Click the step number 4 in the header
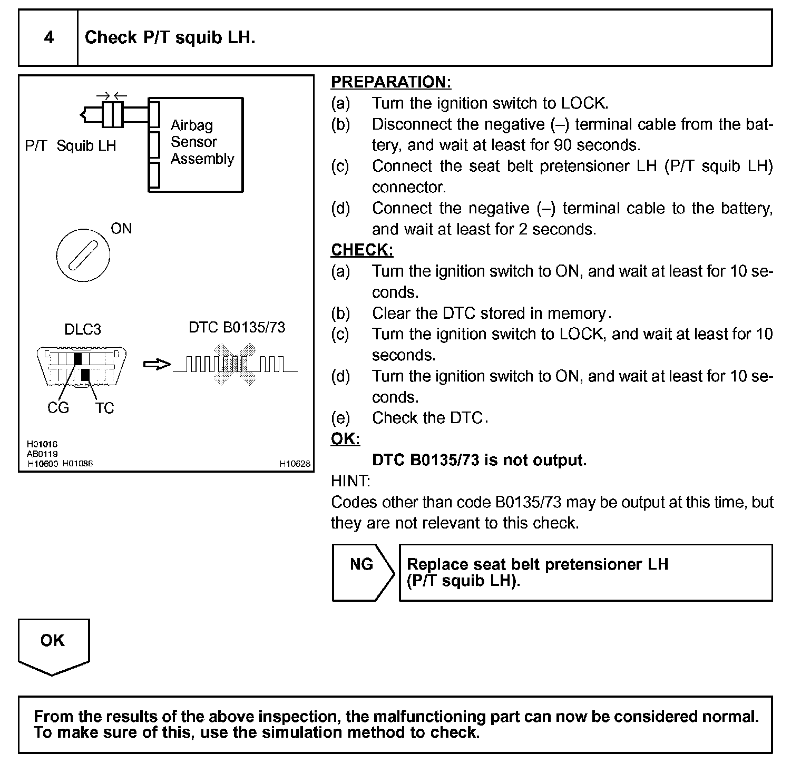(x=48, y=37)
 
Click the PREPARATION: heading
(x=390, y=82)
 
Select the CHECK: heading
(x=362, y=250)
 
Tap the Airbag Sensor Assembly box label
(x=202, y=142)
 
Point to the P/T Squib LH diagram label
(x=71, y=146)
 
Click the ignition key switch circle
(x=83, y=256)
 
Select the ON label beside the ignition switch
(x=121, y=229)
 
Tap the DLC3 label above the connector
(x=82, y=329)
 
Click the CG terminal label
(x=58, y=408)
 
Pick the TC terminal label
(x=104, y=408)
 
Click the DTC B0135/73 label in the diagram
(x=237, y=327)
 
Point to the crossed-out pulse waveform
(x=235, y=364)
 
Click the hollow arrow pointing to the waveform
(x=157, y=365)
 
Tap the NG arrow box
(x=363, y=572)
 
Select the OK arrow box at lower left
(x=53, y=645)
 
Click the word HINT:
(x=350, y=481)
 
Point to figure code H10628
(x=295, y=464)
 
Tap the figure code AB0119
(x=42, y=454)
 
